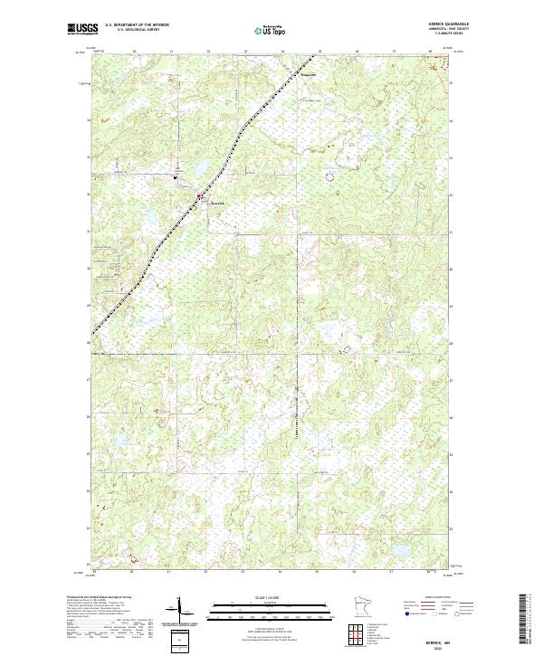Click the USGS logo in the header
(x=79, y=30)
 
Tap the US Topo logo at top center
(x=271, y=31)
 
